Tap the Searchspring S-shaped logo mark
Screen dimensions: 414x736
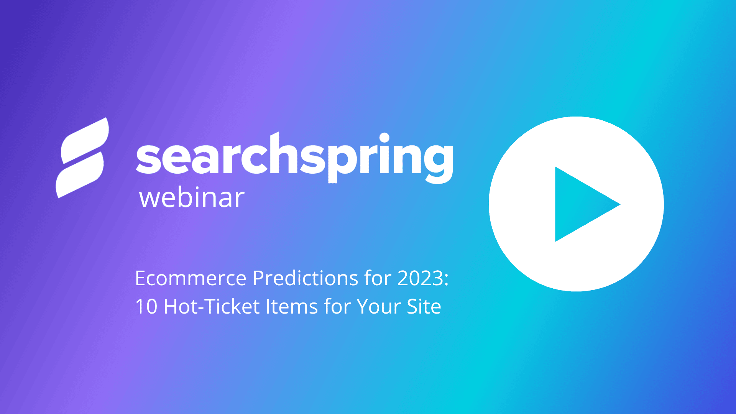pyautogui.click(x=82, y=158)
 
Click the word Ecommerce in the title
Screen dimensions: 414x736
pyautogui.click(x=191, y=278)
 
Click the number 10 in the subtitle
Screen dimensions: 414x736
pyautogui.click(x=146, y=307)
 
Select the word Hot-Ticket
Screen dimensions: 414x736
pyautogui.click(x=212, y=307)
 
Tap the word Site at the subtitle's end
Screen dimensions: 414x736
pyautogui.click(x=424, y=307)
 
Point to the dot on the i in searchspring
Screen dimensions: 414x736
pyautogui.click(x=384, y=138)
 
